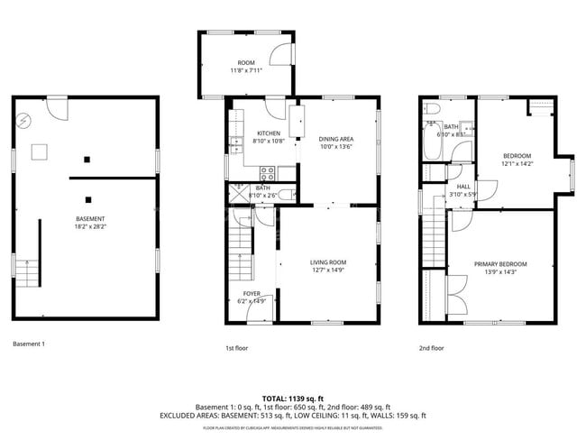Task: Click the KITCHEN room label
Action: coord(268,133)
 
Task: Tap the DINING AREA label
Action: coord(336,138)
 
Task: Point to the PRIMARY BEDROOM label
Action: coord(500,264)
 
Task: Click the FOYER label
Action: coord(252,294)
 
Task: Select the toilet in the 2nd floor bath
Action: coord(432,110)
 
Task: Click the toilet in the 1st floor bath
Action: coord(284,195)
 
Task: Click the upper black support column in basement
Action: coord(87,160)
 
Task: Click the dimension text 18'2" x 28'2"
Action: coord(90,228)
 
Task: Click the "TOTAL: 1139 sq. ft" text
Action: coord(292,397)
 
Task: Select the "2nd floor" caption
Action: coord(431,347)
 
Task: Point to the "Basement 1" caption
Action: coord(29,344)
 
